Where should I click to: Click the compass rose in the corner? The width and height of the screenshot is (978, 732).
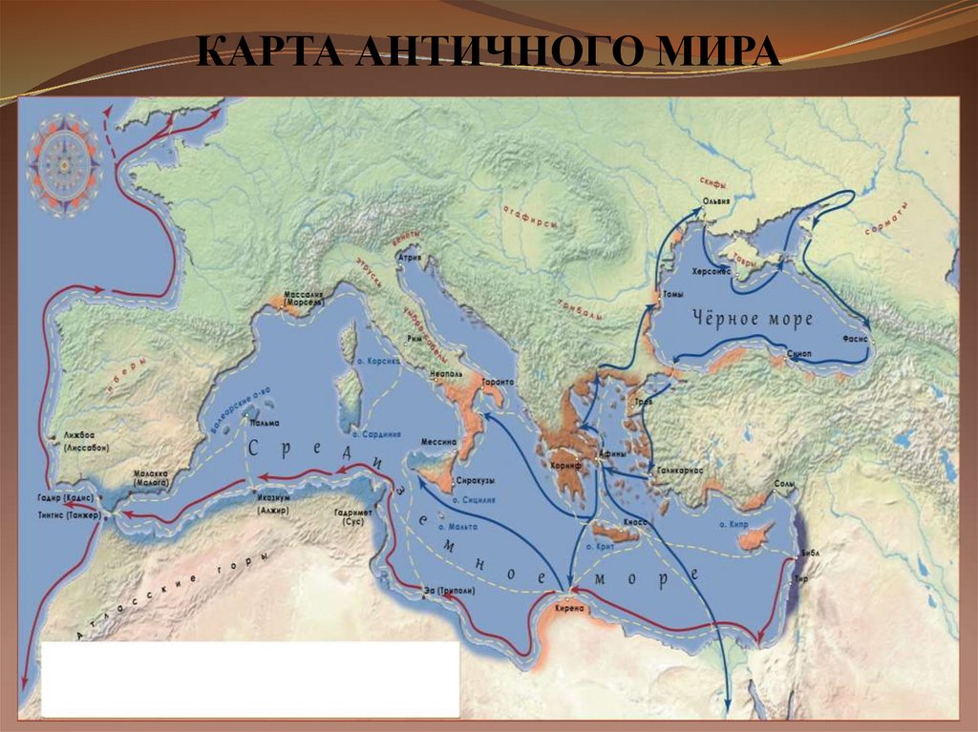tap(65, 164)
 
